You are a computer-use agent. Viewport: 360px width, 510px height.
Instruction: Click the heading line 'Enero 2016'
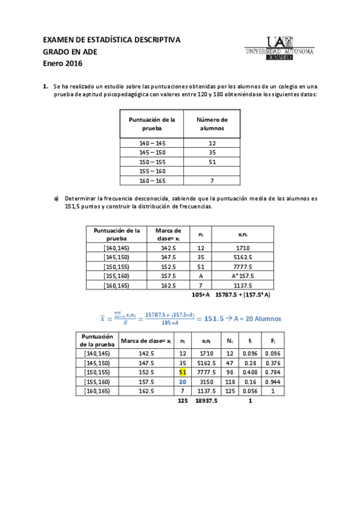[63, 63]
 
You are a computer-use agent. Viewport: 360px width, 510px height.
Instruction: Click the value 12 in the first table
[212, 143]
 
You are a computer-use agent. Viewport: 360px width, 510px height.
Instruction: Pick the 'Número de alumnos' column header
[212, 124]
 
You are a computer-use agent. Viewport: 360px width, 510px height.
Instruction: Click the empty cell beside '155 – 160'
[212, 171]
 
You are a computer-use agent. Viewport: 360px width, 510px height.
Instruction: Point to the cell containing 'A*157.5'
[243, 275]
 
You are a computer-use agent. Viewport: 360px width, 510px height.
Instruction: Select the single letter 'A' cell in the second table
[200, 275]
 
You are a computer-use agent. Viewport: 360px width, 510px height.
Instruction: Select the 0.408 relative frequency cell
[248, 372]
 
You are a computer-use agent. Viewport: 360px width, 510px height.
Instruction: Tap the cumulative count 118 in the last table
[230, 381]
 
